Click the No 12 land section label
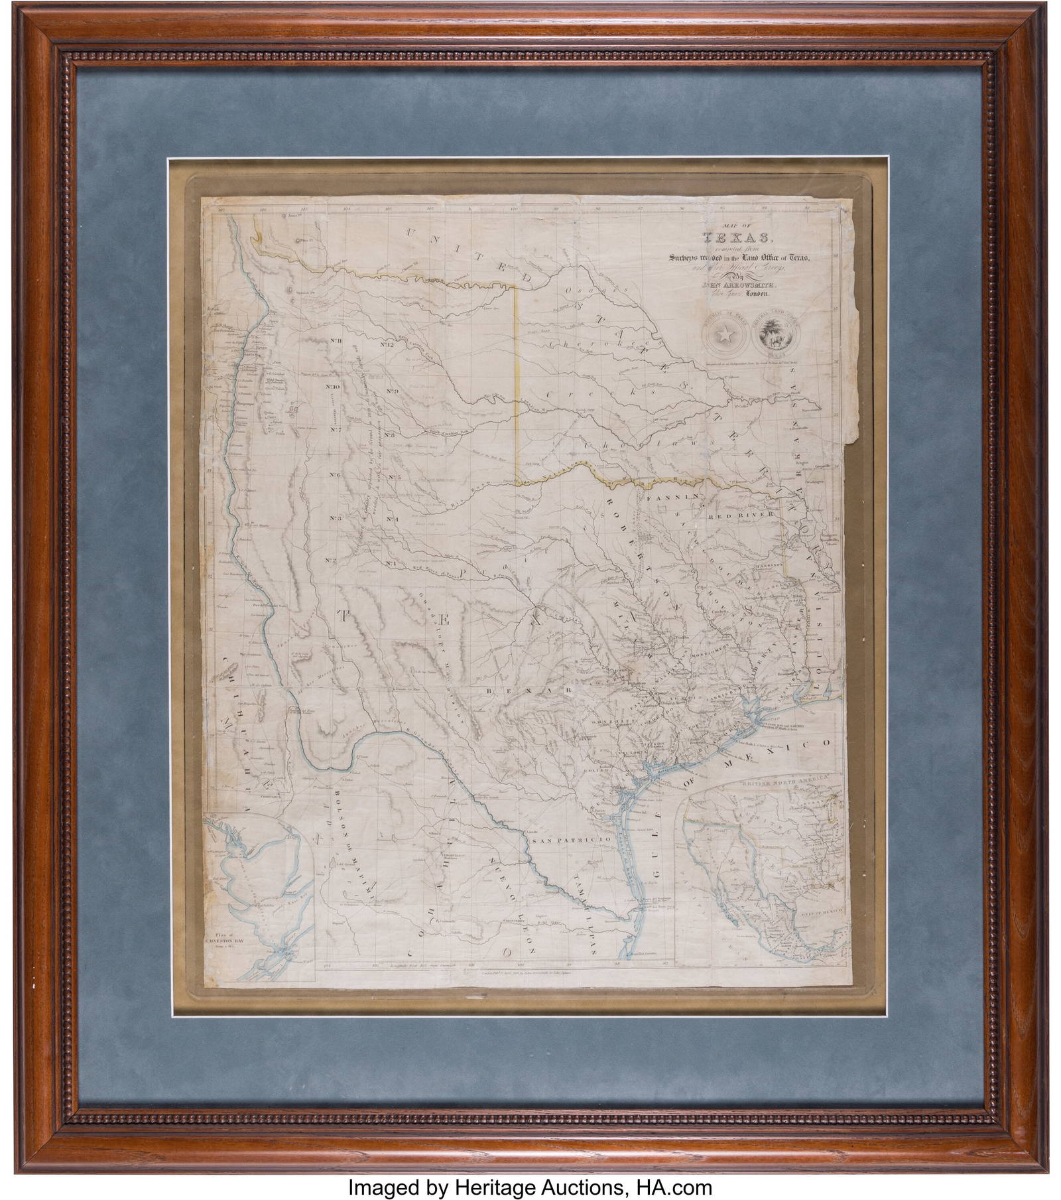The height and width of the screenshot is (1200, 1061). tap(387, 345)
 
